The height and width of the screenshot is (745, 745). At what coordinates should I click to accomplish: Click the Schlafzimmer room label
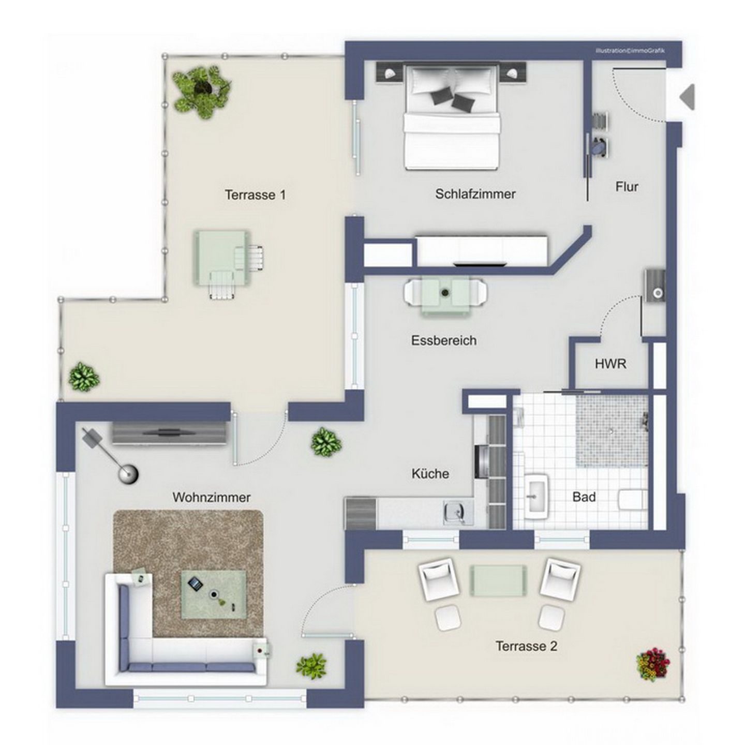tap(475, 193)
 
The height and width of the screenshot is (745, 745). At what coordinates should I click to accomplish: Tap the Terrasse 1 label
tap(256, 195)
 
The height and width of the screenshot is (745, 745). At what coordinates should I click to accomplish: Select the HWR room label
tap(610, 364)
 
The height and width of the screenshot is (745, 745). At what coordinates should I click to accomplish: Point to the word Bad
tap(584, 497)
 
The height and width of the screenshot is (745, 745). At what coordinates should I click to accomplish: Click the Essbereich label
tap(444, 340)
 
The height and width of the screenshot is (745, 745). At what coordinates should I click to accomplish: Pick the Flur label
tap(627, 187)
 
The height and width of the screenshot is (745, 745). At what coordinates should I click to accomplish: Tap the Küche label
tap(430, 473)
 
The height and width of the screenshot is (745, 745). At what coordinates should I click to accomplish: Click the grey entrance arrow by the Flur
tap(688, 96)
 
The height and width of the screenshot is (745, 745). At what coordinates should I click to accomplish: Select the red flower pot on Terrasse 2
tap(652, 664)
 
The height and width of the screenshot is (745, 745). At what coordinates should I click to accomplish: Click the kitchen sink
tap(458, 513)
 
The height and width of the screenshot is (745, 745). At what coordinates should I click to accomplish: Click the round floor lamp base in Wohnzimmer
tap(128, 473)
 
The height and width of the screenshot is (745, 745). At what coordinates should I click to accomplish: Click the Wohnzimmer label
tap(212, 497)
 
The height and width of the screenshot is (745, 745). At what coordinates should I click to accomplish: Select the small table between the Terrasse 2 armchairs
tap(498, 580)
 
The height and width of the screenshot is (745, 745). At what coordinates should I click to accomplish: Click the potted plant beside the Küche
tap(326, 441)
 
